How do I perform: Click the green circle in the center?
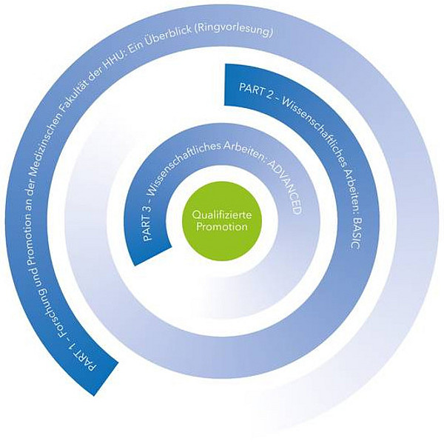(x=220, y=221)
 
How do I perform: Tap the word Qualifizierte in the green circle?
(x=220, y=215)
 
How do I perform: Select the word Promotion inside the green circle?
(x=220, y=227)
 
